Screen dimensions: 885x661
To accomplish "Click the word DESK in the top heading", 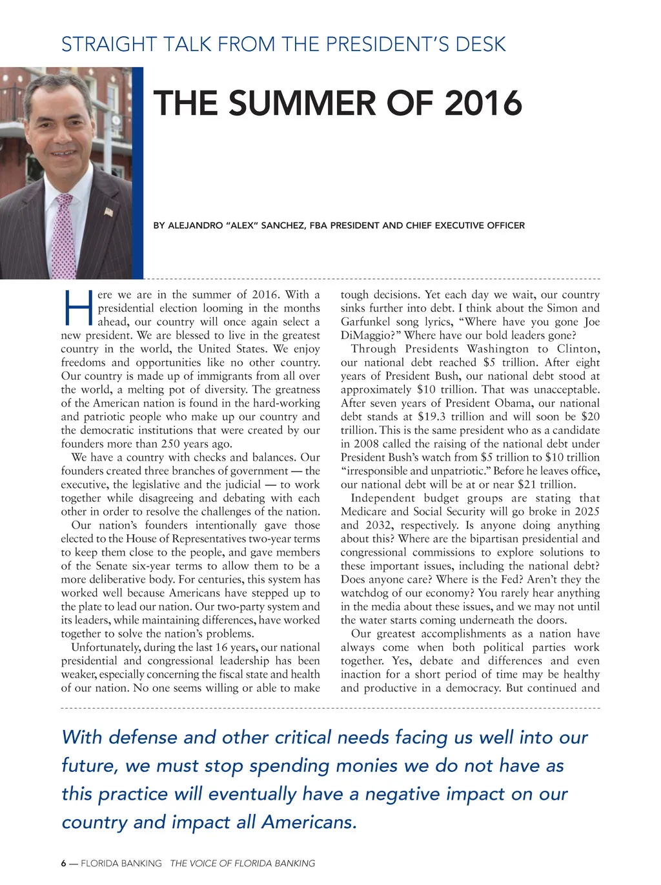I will [x=480, y=45].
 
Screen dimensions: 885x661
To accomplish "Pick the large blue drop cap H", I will [x=78, y=308].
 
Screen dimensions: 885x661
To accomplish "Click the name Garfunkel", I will [x=365, y=322].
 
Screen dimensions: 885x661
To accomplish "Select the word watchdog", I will [x=365, y=593].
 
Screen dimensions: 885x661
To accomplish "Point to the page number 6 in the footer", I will [x=64, y=863].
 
